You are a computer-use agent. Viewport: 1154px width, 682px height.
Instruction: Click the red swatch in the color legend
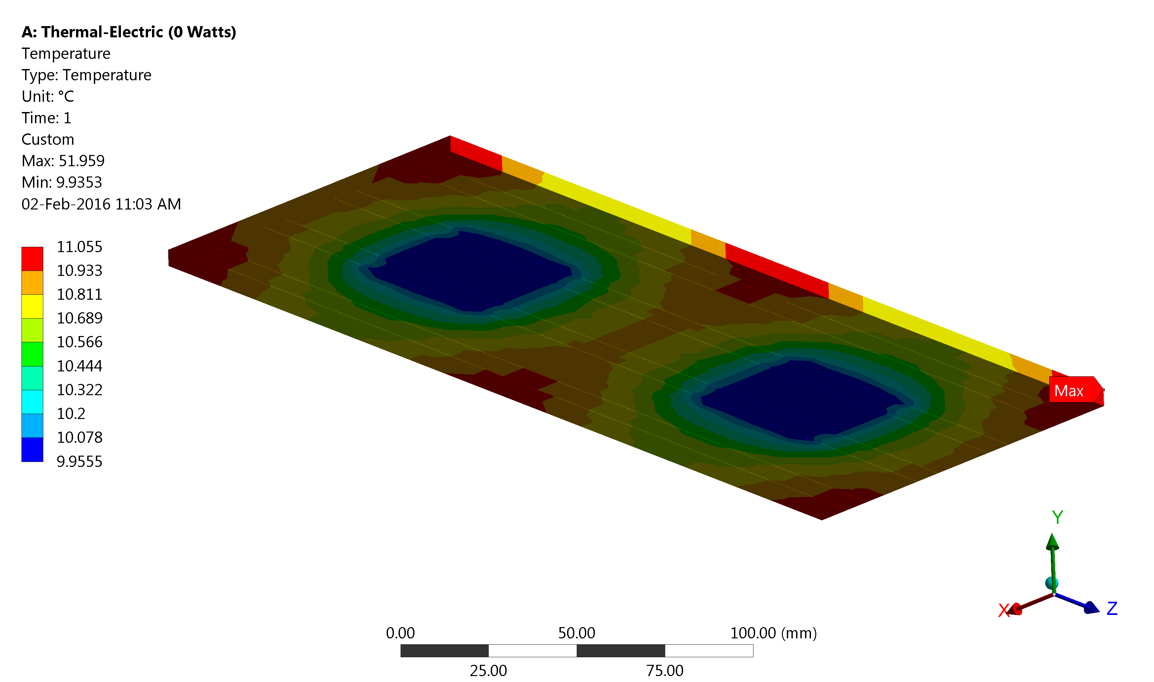32,259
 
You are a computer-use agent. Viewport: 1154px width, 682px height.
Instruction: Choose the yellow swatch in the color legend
32,307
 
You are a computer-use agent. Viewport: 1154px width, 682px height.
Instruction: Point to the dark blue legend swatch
32,449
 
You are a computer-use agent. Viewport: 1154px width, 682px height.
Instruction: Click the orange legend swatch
32,283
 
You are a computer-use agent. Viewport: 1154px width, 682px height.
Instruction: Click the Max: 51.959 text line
63,161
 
